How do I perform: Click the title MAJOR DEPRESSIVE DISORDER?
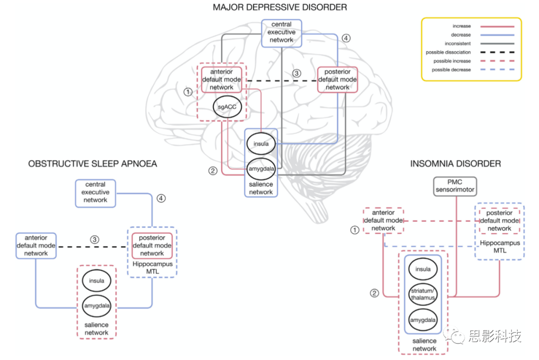point(279,7)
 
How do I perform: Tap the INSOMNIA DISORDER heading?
point(455,164)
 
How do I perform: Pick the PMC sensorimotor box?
point(455,186)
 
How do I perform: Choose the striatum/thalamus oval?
point(423,294)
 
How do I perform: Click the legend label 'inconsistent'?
point(458,43)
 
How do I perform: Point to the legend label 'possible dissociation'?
point(448,52)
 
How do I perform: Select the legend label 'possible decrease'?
point(451,70)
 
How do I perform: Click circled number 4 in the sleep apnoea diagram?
point(161,198)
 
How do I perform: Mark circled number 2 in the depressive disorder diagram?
point(213,171)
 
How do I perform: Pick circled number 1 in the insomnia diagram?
point(355,230)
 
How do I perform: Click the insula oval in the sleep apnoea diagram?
point(97,281)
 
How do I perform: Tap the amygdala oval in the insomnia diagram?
point(423,320)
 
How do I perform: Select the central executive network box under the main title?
point(281,32)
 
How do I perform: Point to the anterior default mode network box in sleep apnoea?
point(36,246)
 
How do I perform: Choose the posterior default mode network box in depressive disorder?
point(337,79)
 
